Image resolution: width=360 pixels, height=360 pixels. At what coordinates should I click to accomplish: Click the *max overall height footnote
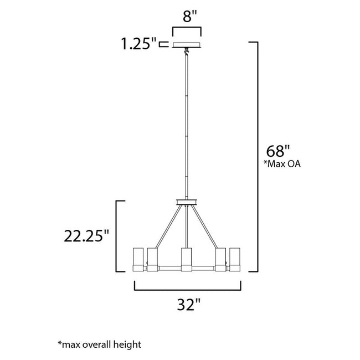pos(99,344)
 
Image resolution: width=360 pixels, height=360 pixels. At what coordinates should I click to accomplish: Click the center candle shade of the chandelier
pos(186,258)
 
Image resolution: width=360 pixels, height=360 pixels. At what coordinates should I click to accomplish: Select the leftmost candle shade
pos(138,258)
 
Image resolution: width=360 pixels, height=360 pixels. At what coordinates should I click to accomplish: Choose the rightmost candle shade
pos(234,258)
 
